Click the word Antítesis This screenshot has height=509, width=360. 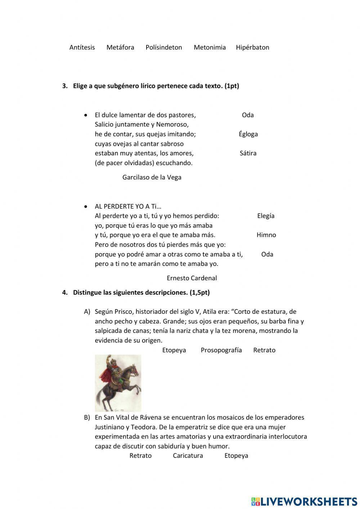coord(82,47)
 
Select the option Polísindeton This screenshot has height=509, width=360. coord(164,47)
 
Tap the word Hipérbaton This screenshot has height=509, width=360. coord(252,47)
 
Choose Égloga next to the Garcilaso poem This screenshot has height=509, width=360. coord(248,134)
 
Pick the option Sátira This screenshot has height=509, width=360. coord(248,153)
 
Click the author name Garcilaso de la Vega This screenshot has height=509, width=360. coord(152,177)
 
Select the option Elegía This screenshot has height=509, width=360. coord(266,216)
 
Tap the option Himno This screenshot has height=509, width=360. coord(266,235)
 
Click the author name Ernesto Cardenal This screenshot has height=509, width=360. coord(192,278)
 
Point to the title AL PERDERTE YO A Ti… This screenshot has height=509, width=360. coord(128,206)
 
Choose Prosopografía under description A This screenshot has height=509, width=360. coord(221,350)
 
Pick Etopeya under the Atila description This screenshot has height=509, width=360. coord(174,350)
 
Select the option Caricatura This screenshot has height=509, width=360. coord(188,456)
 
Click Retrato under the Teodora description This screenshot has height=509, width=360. coord(140,456)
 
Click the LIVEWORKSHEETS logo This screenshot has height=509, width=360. coord(304,501)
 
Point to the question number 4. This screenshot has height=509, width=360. coord(65,293)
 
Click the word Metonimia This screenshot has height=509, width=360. coord(210,47)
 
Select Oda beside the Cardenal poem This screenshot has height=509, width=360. coord(267,254)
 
